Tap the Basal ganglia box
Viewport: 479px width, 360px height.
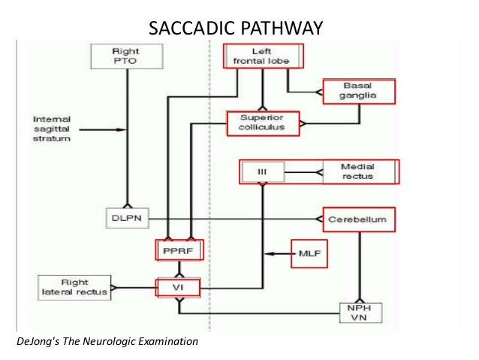[358, 90]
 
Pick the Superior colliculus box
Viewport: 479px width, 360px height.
[261, 123]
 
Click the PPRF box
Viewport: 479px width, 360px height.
[179, 248]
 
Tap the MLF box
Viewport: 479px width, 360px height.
[309, 255]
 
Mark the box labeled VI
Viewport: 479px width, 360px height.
[179, 286]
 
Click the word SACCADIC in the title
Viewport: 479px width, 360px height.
[192, 29]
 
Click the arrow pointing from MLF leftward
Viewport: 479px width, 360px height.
[279, 255]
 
